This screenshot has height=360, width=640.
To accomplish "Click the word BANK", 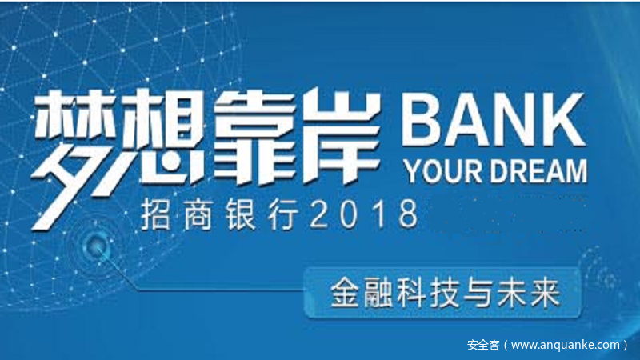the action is pyautogui.click(x=494, y=118).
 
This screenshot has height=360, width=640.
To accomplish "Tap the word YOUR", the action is pyautogui.click(x=443, y=170).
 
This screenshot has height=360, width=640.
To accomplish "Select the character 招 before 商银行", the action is pyautogui.click(x=155, y=214).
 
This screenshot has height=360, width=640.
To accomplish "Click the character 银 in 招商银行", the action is pyautogui.click(x=241, y=214).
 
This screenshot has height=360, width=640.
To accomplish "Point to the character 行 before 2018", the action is pyautogui.click(x=283, y=214).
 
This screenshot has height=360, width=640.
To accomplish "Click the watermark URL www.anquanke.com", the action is pyautogui.click(x=566, y=345).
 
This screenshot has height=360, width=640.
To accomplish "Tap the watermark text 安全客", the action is pyautogui.click(x=483, y=345).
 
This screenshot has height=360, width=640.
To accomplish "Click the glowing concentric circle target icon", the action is pyautogui.click(x=96, y=245).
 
